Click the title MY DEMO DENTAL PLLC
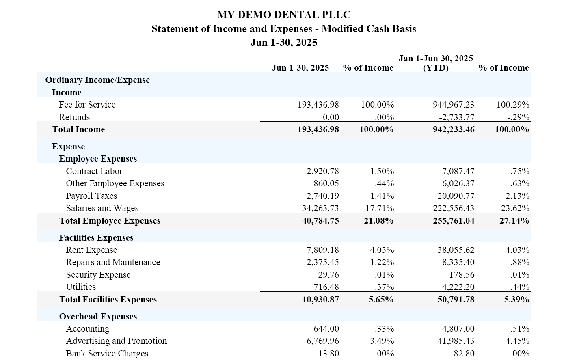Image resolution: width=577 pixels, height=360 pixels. [283, 15]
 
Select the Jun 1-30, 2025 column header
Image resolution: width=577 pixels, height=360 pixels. [300, 68]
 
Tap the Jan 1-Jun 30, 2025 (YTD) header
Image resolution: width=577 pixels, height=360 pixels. [436, 63]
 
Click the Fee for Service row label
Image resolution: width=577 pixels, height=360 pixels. [87, 105]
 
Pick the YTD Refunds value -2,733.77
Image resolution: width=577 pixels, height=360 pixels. [456, 117]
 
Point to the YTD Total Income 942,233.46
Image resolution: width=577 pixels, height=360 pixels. [454, 129]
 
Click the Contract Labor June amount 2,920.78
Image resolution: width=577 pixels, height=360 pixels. [323, 171]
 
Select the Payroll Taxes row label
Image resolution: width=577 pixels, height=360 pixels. [91, 196]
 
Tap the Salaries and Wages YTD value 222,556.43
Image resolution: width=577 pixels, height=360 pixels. [453, 208]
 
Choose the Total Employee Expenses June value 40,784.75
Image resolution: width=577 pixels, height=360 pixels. [320, 221]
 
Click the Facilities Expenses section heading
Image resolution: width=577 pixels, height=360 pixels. [96, 238]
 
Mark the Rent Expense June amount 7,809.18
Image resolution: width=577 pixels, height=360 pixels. [323, 250]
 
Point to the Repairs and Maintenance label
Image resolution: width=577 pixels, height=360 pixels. [113, 262]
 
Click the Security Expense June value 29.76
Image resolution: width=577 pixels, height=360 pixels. [328, 275]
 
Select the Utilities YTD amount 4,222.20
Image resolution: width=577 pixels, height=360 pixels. [458, 287]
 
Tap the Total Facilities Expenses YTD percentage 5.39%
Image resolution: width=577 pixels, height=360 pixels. [516, 300]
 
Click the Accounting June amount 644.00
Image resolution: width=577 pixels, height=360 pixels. [326, 329]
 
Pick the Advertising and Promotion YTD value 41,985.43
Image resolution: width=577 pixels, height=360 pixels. [456, 341]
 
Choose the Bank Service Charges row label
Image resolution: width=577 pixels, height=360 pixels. [107, 354]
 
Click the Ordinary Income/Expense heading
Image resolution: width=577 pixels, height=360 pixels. [97, 80]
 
